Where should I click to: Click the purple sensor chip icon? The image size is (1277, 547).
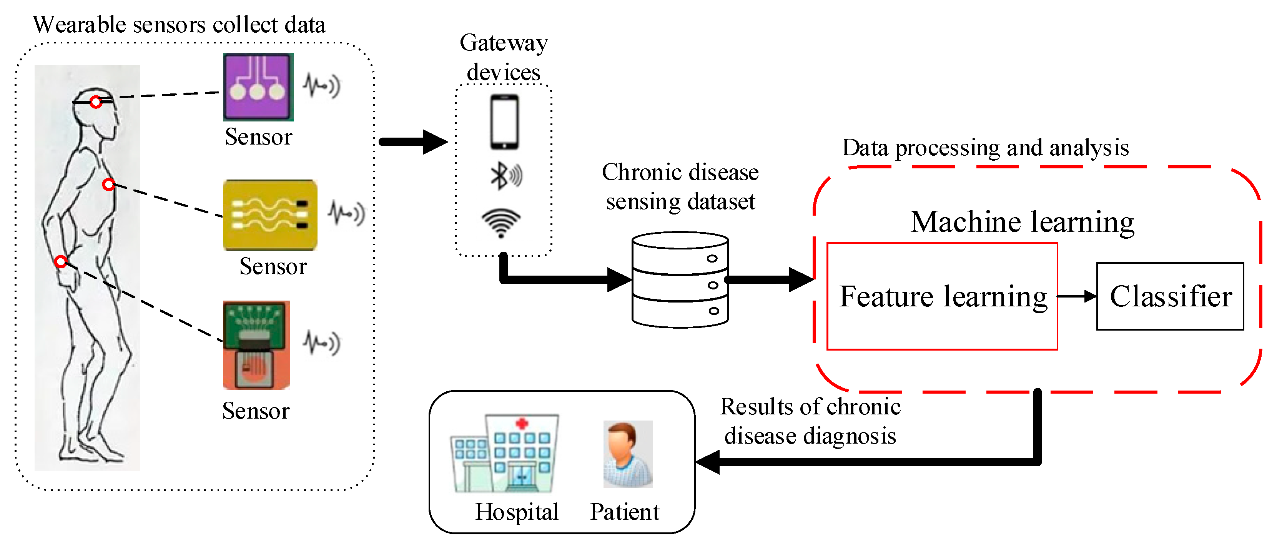click(x=258, y=87)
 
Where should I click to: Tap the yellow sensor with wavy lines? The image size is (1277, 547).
click(x=270, y=215)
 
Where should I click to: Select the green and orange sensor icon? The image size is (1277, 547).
click(x=256, y=345)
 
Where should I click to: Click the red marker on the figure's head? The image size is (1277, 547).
click(x=96, y=102)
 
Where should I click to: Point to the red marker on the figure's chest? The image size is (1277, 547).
click(x=108, y=185)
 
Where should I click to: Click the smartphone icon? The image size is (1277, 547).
click(x=504, y=121)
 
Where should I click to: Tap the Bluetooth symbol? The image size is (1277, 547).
click(x=500, y=176)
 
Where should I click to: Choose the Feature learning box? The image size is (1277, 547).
click(x=942, y=296)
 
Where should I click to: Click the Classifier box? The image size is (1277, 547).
click(x=1169, y=296)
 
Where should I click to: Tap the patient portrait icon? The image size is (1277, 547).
click(x=628, y=454)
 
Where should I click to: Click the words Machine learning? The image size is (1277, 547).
click(x=1022, y=222)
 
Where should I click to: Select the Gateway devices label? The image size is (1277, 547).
click(x=503, y=57)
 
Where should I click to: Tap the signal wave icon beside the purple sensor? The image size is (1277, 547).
click(x=322, y=86)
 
